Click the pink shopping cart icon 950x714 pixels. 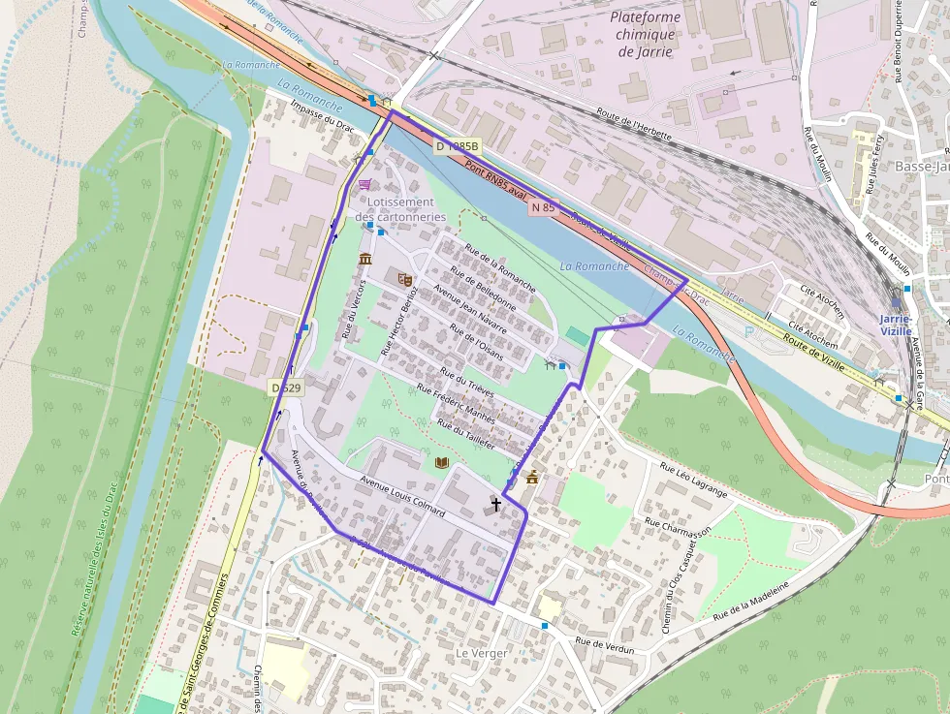(x=364, y=184)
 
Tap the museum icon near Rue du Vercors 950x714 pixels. (x=364, y=259)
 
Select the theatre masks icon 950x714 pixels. (x=405, y=279)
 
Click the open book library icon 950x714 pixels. (x=442, y=464)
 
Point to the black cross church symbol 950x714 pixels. (x=495, y=504)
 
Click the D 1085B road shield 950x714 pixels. (x=457, y=146)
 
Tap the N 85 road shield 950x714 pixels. (x=543, y=207)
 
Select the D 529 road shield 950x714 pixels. (x=286, y=388)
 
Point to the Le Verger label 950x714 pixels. (x=482, y=654)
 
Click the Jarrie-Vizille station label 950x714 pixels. (x=896, y=325)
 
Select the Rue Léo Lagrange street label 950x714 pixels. (x=693, y=480)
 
